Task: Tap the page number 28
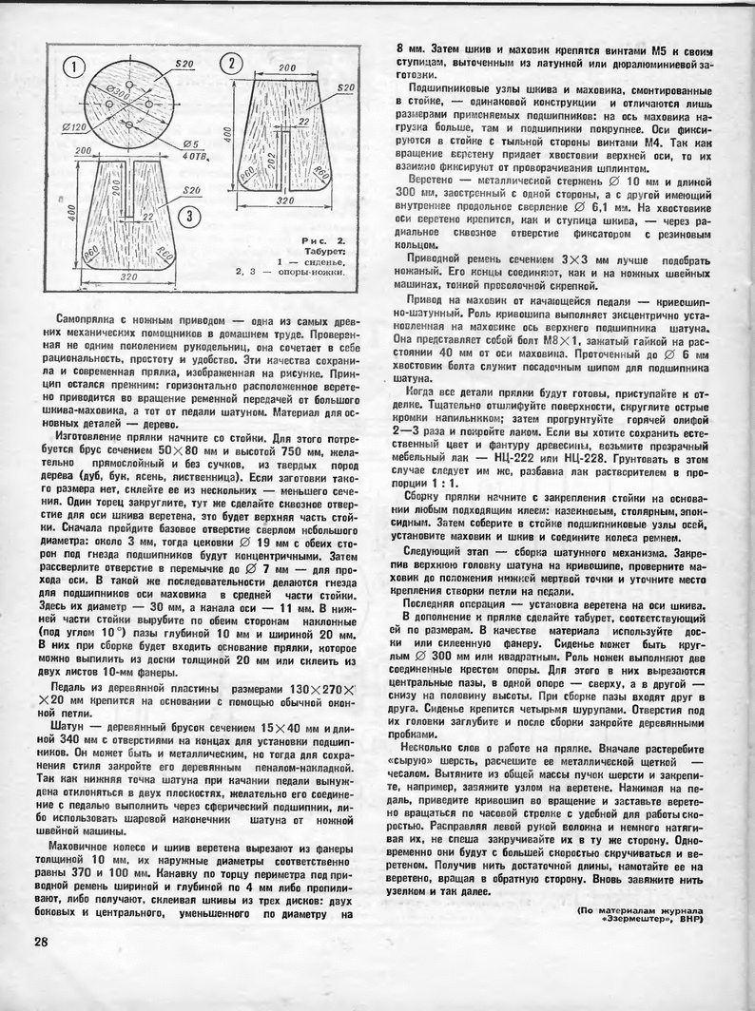[x=41, y=941]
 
